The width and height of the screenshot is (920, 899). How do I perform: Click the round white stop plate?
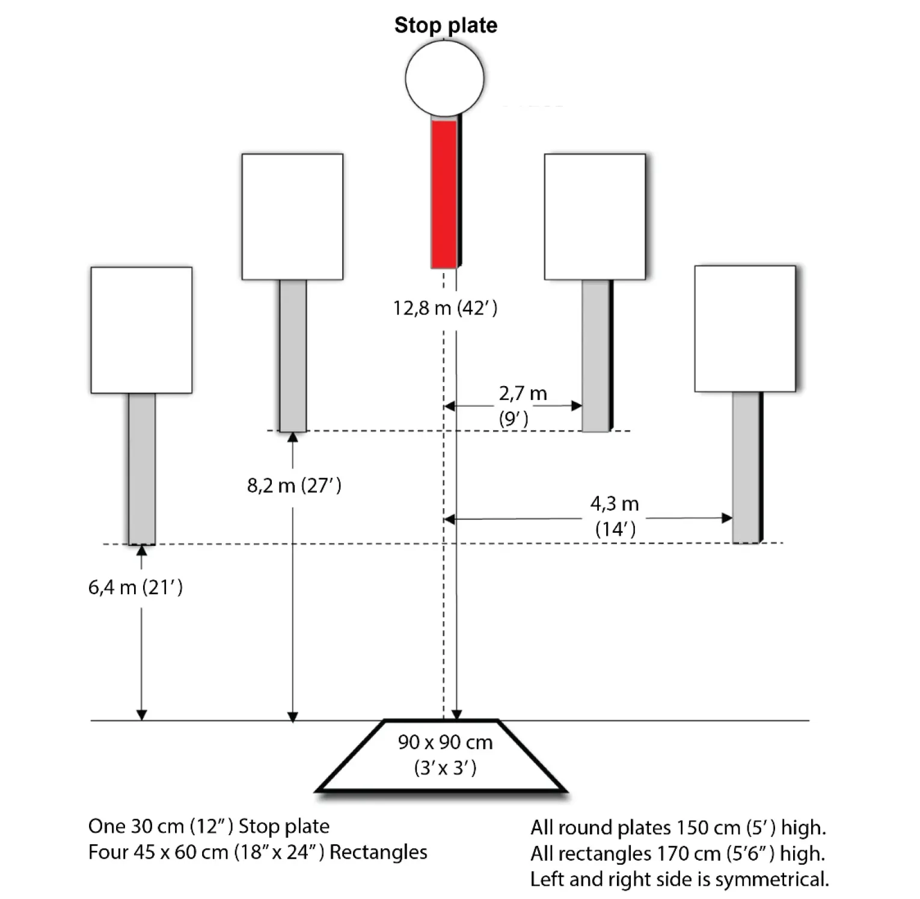pyautogui.click(x=444, y=78)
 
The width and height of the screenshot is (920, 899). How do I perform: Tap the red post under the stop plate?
pyautogui.click(x=444, y=192)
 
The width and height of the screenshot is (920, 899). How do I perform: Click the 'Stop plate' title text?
pyautogui.click(x=446, y=25)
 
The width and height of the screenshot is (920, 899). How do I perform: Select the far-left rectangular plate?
pyautogui.click(x=141, y=330)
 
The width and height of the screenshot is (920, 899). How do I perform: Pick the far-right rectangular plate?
pyautogui.click(x=745, y=328)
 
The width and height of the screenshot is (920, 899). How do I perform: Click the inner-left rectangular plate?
pyautogui.click(x=292, y=216)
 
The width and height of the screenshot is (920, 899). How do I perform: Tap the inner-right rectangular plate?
pyautogui.click(x=595, y=216)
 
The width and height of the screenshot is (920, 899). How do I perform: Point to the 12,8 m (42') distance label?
pyautogui.click(x=445, y=308)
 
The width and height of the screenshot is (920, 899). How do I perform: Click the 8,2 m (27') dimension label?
pyautogui.click(x=294, y=485)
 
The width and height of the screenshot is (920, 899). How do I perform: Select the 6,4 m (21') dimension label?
pyautogui.click(x=135, y=587)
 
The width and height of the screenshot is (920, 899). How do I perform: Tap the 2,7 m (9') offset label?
pyautogui.click(x=522, y=405)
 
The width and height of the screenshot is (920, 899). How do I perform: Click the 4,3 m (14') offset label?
pyautogui.click(x=615, y=516)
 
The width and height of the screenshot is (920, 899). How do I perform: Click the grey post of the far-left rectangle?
pyautogui.click(x=142, y=469)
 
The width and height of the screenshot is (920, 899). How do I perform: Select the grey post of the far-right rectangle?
pyautogui.click(x=746, y=467)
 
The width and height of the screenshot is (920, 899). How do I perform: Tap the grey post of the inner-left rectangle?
pyautogui.click(x=293, y=355)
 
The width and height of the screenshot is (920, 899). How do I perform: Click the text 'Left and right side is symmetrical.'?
pyautogui.click(x=679, y=879)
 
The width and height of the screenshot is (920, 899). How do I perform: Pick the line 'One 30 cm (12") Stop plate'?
pyautogui.click(x=209, y=826)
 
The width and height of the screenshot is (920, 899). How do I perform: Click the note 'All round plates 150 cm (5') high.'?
pyautogui.click(x=678, y=827)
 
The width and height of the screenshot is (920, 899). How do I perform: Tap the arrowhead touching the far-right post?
pyautogui.click(x=727, y=518)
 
